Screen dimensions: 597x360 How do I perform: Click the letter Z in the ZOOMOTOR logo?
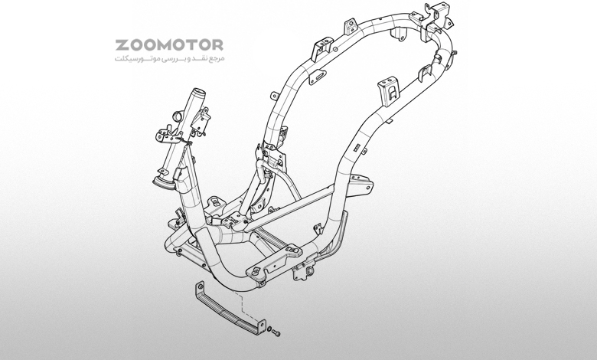(122, 45)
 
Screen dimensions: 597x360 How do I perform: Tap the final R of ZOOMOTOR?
(217, 45)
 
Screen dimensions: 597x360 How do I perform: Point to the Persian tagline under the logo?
(169, 59)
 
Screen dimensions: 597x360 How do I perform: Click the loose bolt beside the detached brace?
(276, 333)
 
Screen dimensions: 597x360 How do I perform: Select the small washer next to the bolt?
(269, 329)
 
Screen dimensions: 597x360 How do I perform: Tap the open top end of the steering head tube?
(197, 92)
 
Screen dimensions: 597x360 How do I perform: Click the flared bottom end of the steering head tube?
(164, 183)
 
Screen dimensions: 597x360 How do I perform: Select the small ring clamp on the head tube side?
(178, 115)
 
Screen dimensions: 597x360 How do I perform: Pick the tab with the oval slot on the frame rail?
(317, 77)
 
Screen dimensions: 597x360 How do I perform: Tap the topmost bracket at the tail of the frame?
(437, 11)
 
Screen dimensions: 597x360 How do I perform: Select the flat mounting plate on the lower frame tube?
(274, 262)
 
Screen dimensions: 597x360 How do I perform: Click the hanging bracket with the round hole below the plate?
(304, 272)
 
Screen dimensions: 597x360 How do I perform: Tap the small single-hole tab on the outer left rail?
(274, 95)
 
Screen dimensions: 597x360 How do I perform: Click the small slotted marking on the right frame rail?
(357, 148)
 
